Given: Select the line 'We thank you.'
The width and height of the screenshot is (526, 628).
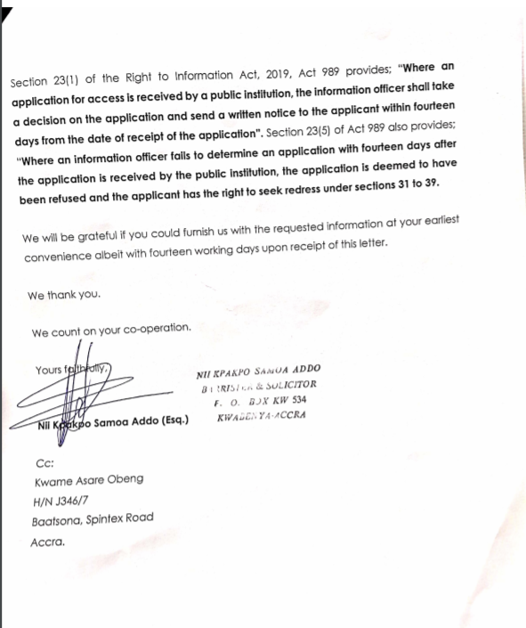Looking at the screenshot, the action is (64, 295).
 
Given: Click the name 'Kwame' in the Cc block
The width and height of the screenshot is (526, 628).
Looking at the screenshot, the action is (52, 482).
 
